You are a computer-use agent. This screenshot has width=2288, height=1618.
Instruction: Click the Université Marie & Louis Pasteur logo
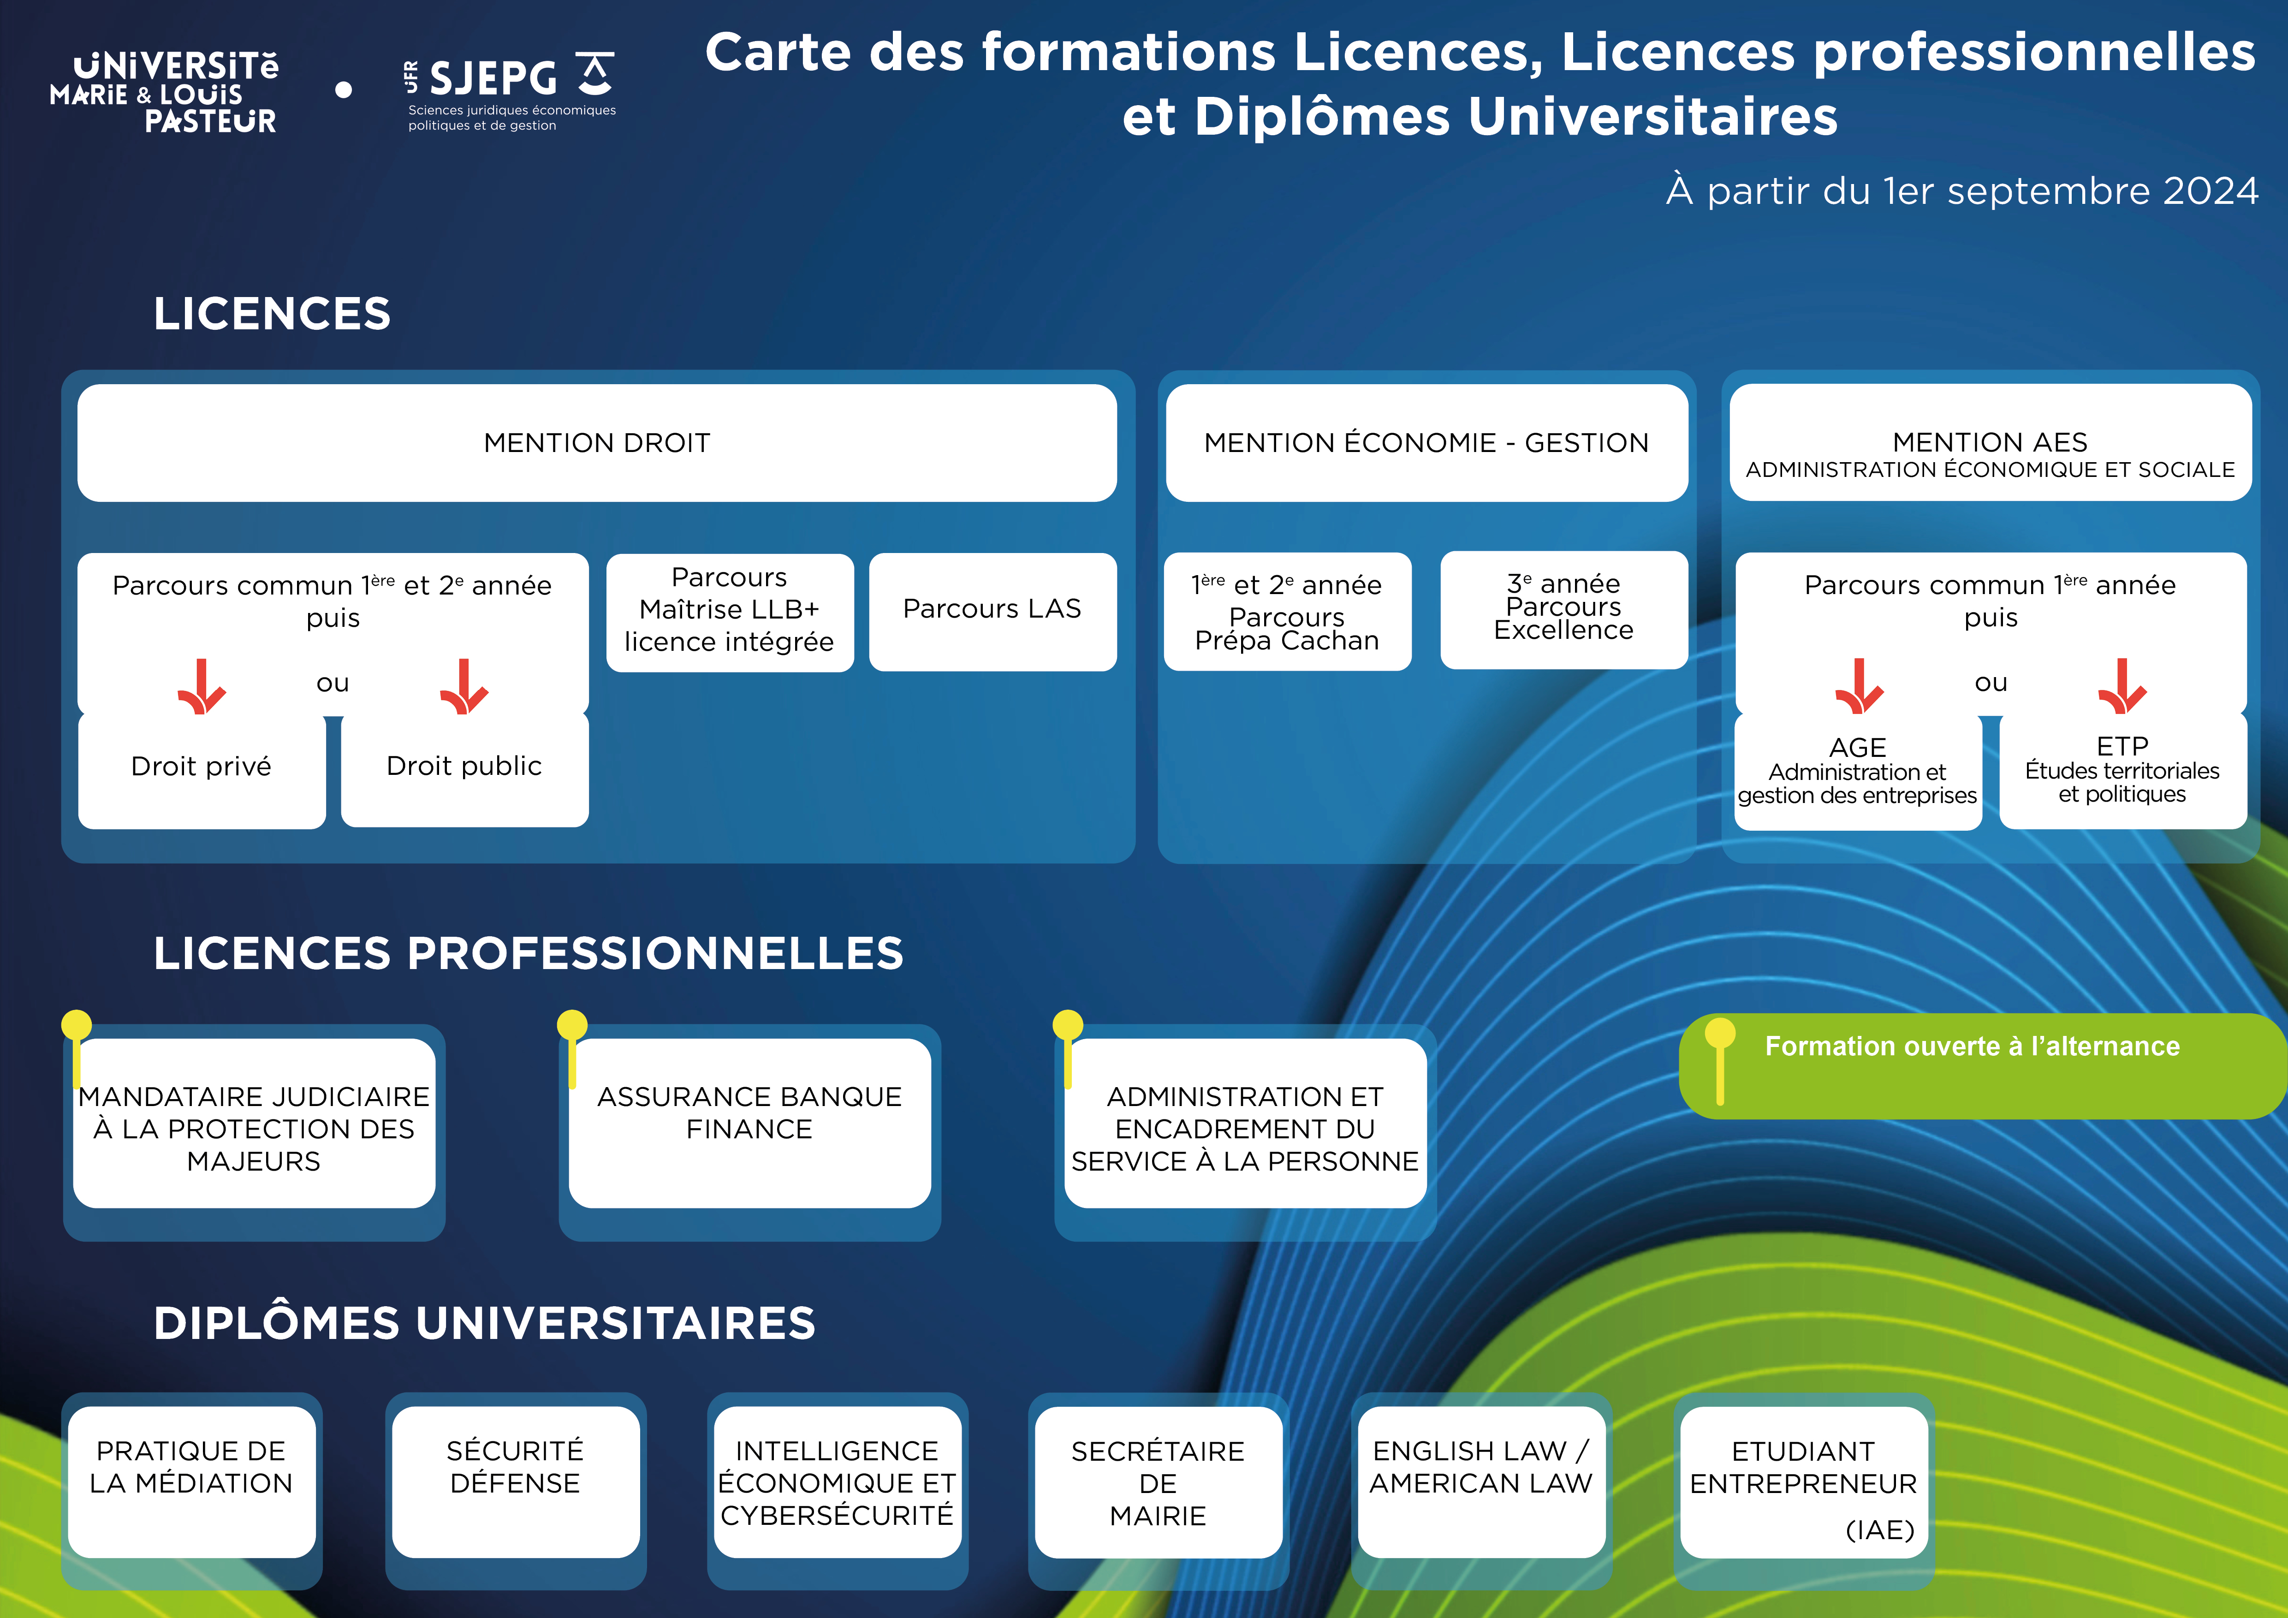pyautogui.click(x=165, y=92)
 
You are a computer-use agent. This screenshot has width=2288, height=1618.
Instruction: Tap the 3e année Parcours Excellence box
pyautogui.click(x=1563, y=608)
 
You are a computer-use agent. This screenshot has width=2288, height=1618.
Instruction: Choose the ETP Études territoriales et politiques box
pyautogui.click(x=2122, y=769)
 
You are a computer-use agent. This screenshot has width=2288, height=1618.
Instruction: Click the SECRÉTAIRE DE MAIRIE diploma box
pyautogui.click(x=1158, y=1482)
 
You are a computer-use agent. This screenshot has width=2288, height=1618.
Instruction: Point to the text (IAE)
pyautogui.click(x=1879, y=1529)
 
